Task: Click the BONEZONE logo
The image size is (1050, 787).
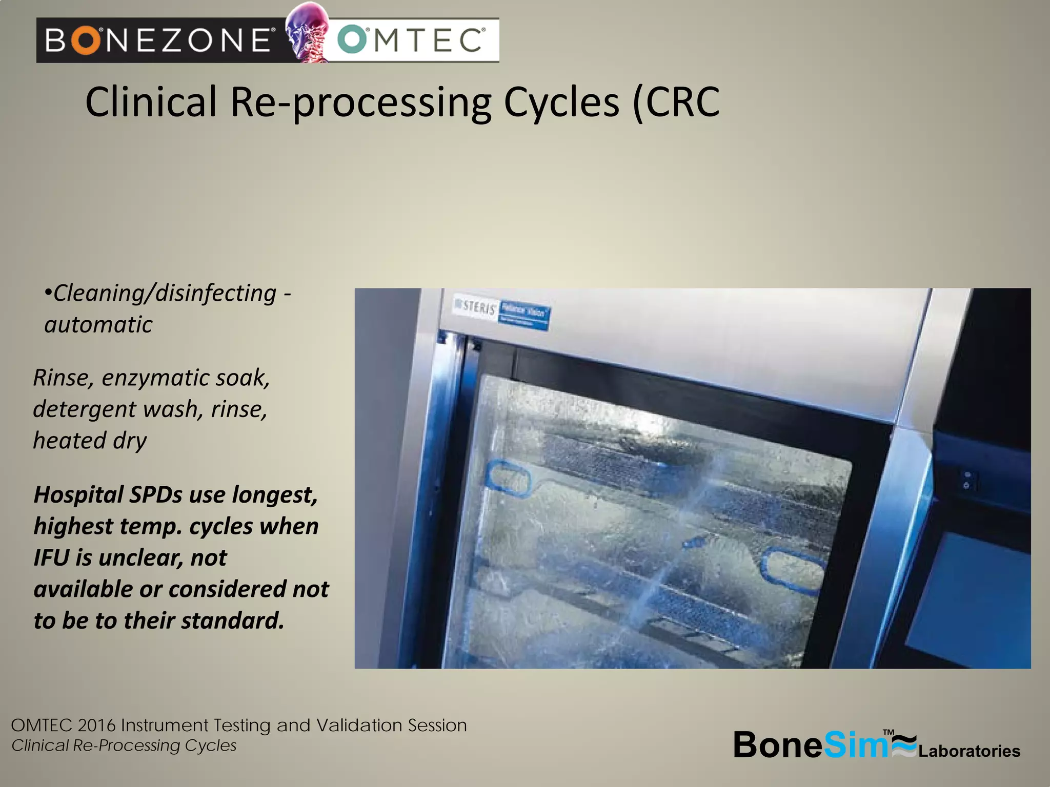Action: pyautogui.click(x=159, y=40)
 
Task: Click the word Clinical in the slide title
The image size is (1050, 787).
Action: pyautogui.click(x=151, y=102)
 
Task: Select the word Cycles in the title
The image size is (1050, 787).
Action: pyautogui.click(x=561, y=102)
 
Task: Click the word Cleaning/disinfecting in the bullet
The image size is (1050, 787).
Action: pyautogui.click(x=165, y=294)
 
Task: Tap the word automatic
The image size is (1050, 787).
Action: pyautogui.click(x=98, y=325)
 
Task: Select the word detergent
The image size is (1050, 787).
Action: pyautogui.click(x=85, y=409)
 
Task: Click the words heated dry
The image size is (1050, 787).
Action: pyautogui.click(x=90, y=441)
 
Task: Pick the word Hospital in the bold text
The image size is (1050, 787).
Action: pyautogui.click(x=78, y=495)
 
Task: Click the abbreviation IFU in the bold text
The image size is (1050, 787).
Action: pyautogui.click(x=51, y=558)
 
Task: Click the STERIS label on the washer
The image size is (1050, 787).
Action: pyautogui.click(x=476, y=307)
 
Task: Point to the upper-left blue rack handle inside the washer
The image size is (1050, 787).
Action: pyautogui.click(x=508, y=480)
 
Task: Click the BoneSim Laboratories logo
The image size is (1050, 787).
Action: pyautogui.click(x=876, y=745)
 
